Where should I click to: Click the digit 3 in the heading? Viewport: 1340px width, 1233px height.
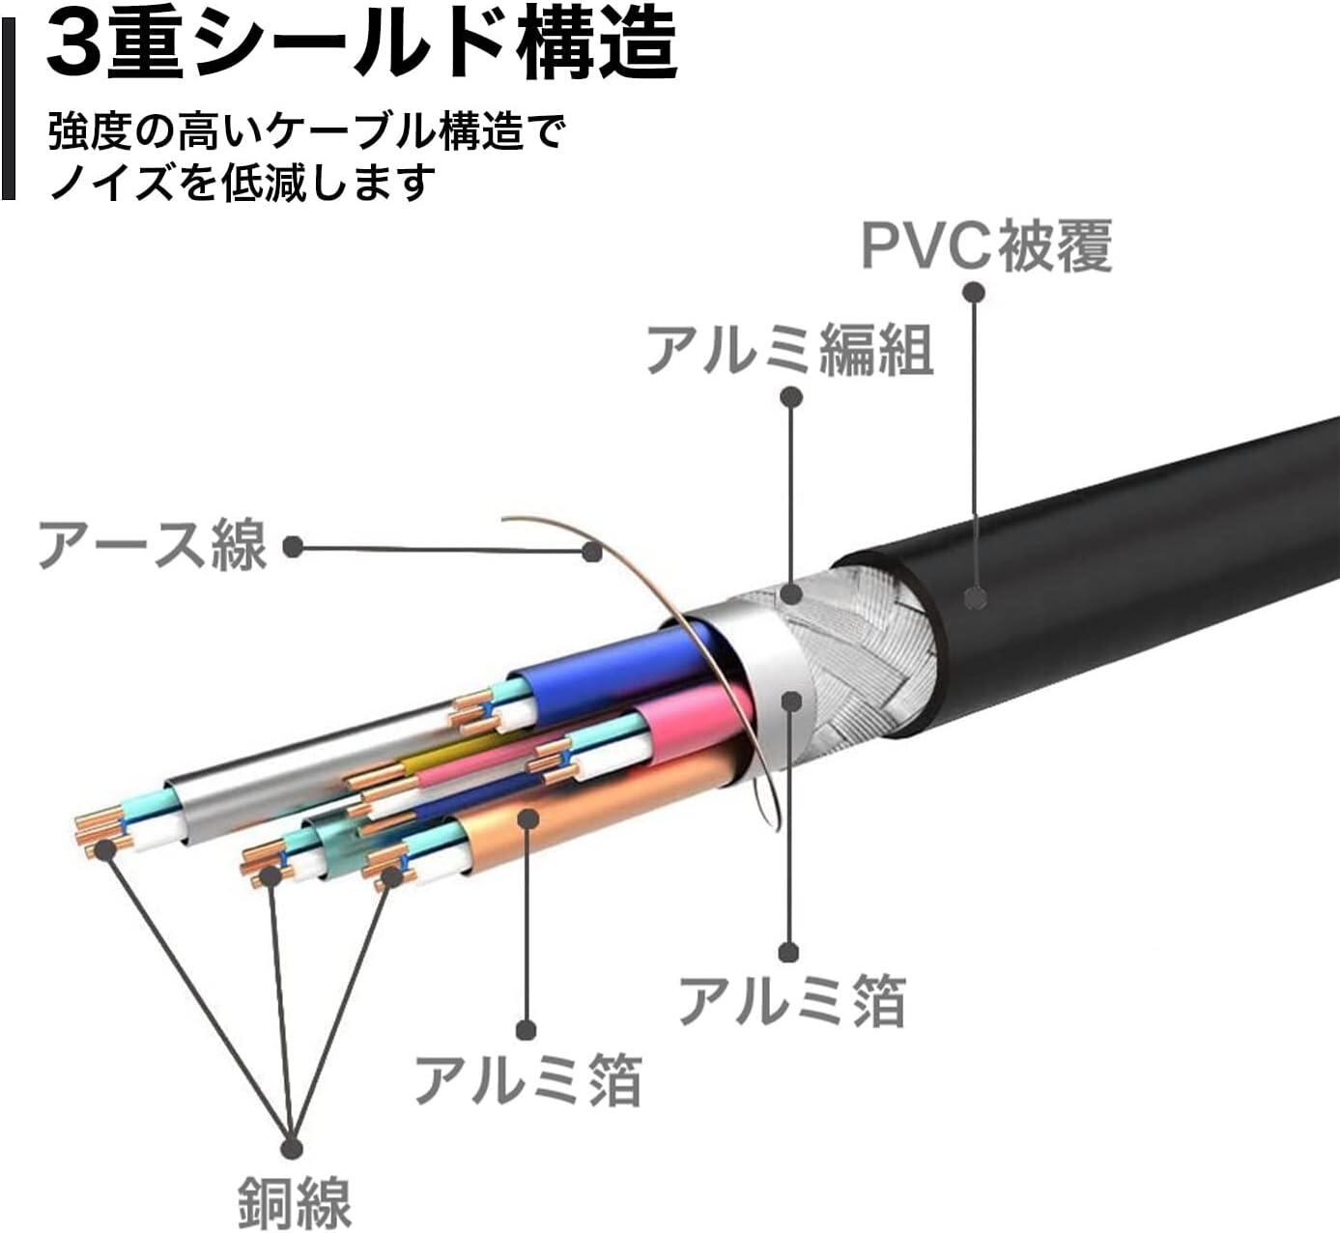click(x=74, y=45)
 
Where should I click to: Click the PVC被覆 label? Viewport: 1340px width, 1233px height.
click(x=985, y=246)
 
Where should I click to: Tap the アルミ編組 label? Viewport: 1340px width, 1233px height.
click(x=789, y=349)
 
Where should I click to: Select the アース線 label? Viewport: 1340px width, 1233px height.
click(x=152, y=546)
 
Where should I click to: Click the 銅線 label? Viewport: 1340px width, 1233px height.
click(x=294, y=1201)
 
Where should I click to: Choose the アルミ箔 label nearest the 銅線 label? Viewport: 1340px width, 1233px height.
click(x=527, y=1078)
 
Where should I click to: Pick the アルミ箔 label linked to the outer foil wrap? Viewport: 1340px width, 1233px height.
click(x=791, y=1000)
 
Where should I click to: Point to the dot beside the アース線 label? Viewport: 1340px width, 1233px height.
click(x=293, y=548)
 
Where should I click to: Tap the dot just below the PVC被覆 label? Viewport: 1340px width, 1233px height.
click(x=974, y=291)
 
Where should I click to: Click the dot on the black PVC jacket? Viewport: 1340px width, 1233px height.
click(x=976, y=598)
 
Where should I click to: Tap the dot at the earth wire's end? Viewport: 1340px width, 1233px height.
click(x=592, y=552)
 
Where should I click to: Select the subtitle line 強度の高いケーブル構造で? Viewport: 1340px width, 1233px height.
click(x=304, y=130)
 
